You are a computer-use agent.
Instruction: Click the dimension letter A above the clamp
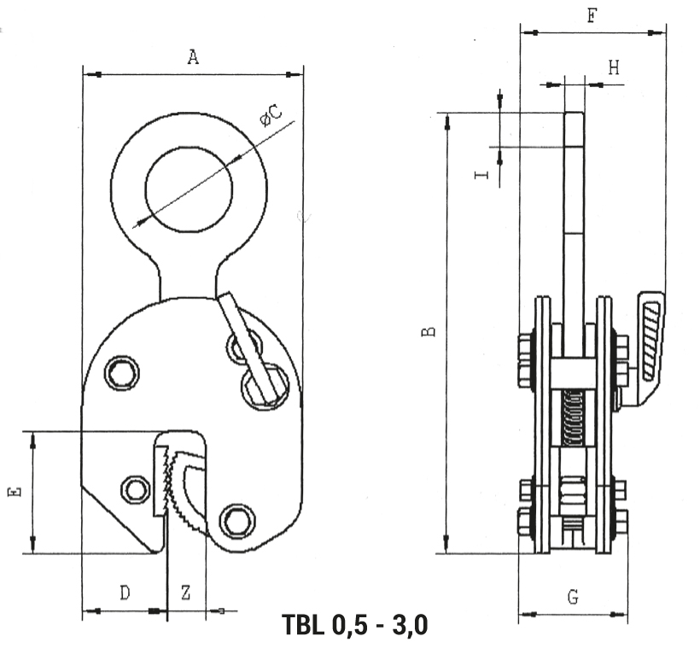pyautogui.click(x=192, y=56)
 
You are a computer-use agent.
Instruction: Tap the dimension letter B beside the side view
pyautogui.click(x=429, y=331)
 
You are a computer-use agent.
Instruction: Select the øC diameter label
pyautogui.click(x=271, y=114)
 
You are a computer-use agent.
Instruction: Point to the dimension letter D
pyautogui.click(x=125, y=593)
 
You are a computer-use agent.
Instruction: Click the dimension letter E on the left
pyautogui.click(x=15, y=492)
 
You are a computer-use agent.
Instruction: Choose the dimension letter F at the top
pyautogui.click(x=592, y=15)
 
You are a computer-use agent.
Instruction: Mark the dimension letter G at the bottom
pyautogui.click(x=573, y=597)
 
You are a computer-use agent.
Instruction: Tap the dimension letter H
pyautogui.click(x=615, y=68)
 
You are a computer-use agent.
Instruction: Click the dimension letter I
pyautogui.click(x=481, y=174)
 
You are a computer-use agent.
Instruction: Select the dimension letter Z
pyautogui.click(x=186, y=593)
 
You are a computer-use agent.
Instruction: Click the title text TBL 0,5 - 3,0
pyautogui.click(x=355, y=624)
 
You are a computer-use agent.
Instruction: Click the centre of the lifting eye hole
pyautogui.click(x=189, y=190)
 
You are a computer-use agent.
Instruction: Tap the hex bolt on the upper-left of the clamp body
pyautogui.click(x=121, y=372)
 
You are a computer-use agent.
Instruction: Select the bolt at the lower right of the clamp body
pyautogui.click(x=238, y=521)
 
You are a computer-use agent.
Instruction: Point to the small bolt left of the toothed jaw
pyautogui.click(x=135, y=489)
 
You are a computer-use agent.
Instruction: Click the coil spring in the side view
pyautogui.click(x=573, y=417)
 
